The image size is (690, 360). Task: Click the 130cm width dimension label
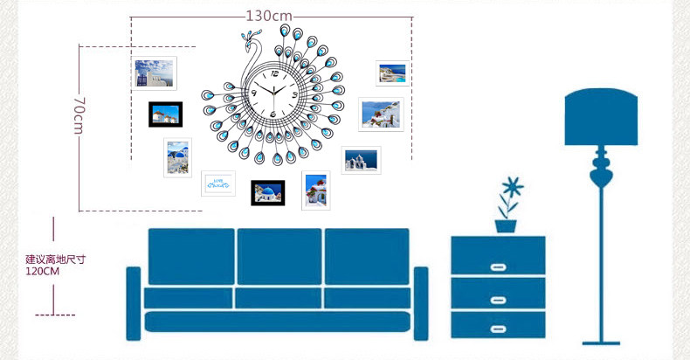(x=268, y=16)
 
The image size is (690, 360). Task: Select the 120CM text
(x=42, y=272)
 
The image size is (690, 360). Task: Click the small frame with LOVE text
(x=218, y=183)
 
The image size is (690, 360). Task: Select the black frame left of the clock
(x=165, y=114)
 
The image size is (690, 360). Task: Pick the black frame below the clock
(x=268, y=192)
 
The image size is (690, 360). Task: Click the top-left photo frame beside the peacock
(x=155, y=73)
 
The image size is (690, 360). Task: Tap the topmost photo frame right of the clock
(x=390, y=73)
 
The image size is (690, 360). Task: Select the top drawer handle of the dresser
(x=498, y=267)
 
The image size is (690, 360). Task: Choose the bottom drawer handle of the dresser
(x=498, y=329)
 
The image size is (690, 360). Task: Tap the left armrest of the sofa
(x=134, y=301)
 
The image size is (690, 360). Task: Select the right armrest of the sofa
(x=421, y=301)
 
